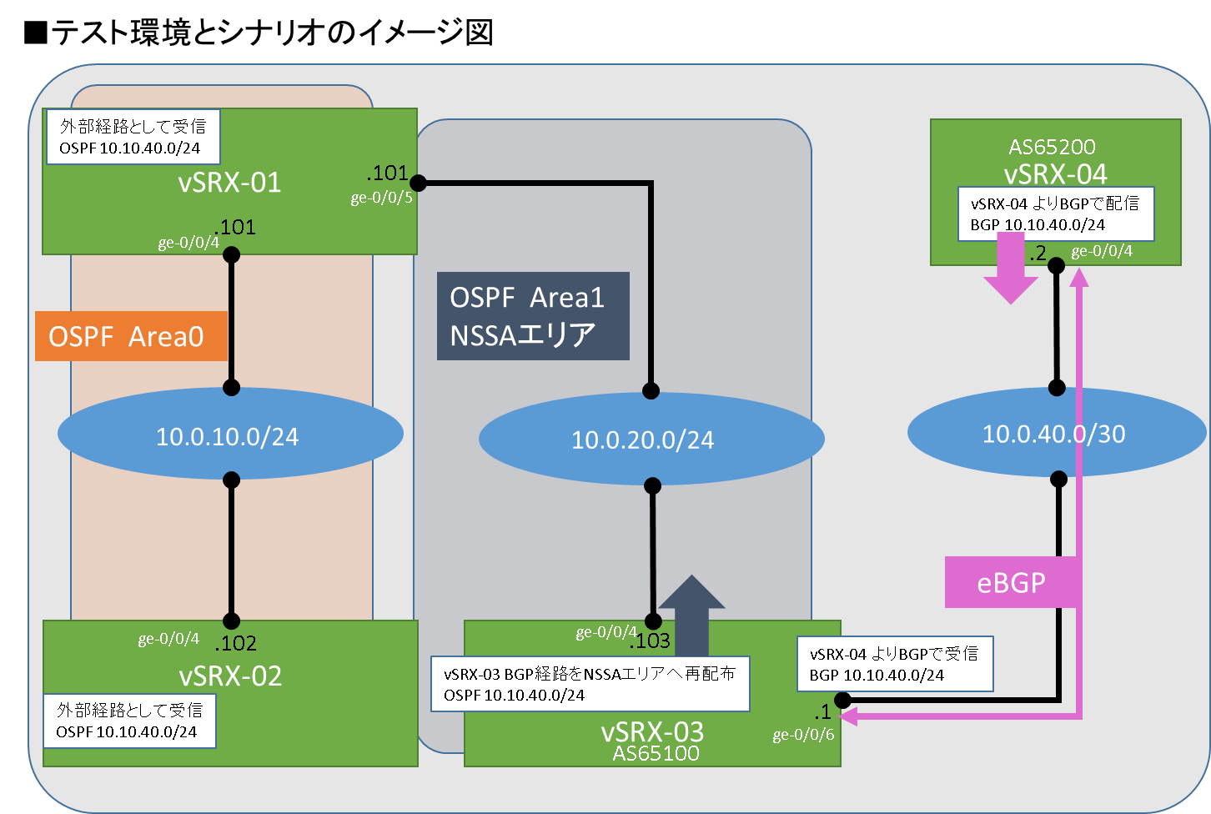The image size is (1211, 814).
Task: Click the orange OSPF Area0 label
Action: pyautogui.click(x=131, y=336)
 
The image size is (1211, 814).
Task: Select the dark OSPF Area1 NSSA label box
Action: pyautogui.click(x=533, y=316)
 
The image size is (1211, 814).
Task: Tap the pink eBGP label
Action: pyautogui.click(x=1011, y=582)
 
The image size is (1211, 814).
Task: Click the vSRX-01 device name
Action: pyautogui.click(x=229, y=183)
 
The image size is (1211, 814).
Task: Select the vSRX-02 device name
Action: pyautogui.click(x=230, y=676)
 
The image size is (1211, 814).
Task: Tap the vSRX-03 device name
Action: pyautogui.click(x=652, y=731)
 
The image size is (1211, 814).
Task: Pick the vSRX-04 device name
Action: pyautogui.click(x=1055, y=173)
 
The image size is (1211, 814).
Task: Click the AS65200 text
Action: pyautogui.click(x=1052, y=148)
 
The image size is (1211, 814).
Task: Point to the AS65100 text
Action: pyautogui.click(x=656, y=753)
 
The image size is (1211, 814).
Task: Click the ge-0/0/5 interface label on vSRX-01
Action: pyautogui.click(x=381, y=198)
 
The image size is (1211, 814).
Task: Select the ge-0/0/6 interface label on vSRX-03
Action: pyautogui.click(x=802, y=735)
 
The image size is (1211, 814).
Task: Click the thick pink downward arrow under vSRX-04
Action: pyautogui.click(x=1011, y=268)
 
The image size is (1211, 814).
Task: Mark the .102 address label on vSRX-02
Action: pyautogui.click(x=235, y=643)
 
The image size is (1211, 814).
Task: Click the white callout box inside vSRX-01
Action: pyautogui.click(x=133, y=137)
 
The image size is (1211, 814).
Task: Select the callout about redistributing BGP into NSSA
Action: pyautogui.click(x=590, y=684)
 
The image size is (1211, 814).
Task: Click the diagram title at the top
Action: pyautogui.click(x=259, y=33)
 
